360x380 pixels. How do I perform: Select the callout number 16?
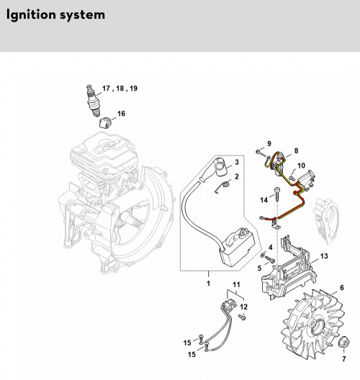pos(121,114)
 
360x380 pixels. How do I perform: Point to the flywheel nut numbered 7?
pos(343,342)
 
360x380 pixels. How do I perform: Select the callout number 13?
pos(324,256)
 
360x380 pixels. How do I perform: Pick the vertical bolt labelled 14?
pos(277,194)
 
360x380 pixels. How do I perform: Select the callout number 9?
pos(269,143)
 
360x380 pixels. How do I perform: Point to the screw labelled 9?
pos(261,153)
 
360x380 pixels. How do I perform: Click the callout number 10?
pos(301,166)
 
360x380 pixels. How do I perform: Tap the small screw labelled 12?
pos(242,317)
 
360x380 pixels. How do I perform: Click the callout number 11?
pos(236,284)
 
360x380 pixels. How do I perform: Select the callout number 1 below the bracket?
pos(208,283)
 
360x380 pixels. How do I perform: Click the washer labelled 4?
pos(263,255)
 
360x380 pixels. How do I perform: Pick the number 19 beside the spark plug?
pos(133,89)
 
